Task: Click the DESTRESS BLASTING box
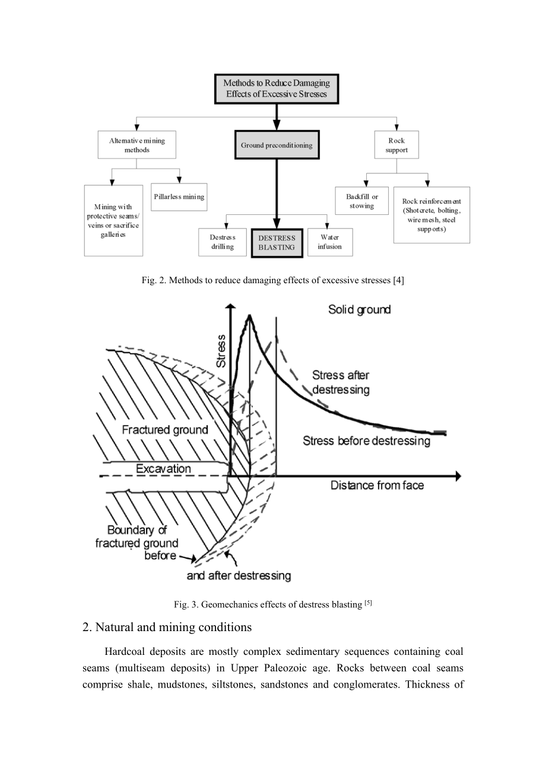[x=277, y=243]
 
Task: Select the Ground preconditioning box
[x=277, y=145]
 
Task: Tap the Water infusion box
[x=330, y=242]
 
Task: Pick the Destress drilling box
[x=223, y=242]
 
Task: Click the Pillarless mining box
[x=179, y=197]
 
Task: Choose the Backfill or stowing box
[x=362, y=201]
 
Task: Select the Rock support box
[x=396, y=145]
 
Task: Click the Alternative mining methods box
[x=137, y=145]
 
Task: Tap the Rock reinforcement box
[x=431, y=215]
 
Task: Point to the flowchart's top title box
[x=277, y=88]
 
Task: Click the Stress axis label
[x=221, y=351]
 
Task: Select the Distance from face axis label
[x=377, y=485]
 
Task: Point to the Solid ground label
[x=360, y=309]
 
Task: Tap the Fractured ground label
[x=165, y=430]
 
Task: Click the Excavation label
[x=163, y=468]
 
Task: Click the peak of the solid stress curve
[x=249, y=315]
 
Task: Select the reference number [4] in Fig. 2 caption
[x=398, y=280]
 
